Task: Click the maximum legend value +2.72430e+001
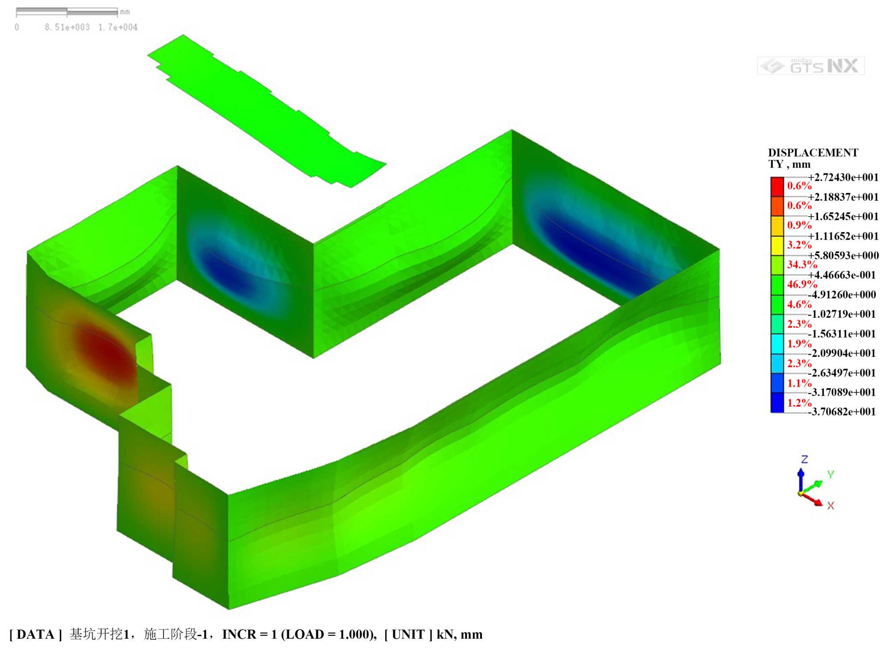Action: (x=843, y=177)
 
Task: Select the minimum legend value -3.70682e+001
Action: (x=842, y=412)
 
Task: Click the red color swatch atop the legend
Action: (x=777, y=187)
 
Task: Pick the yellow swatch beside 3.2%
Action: (x=777, y=245)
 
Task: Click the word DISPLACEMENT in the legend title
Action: (x=813, y=153)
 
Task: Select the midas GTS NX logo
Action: (x=811, y=66)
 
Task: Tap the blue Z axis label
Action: (x=804, y=459)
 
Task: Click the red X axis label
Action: (x=830, y=506)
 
